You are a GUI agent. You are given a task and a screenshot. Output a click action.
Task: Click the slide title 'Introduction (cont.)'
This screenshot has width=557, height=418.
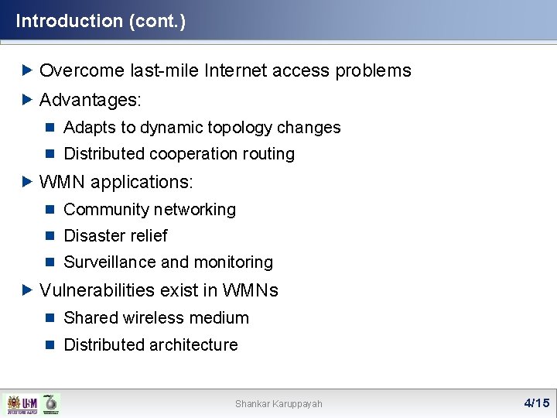point(101,21)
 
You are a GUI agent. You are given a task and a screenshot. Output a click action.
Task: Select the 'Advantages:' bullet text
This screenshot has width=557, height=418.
point(91,101)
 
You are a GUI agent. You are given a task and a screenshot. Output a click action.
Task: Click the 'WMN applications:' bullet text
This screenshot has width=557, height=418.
point(116,182)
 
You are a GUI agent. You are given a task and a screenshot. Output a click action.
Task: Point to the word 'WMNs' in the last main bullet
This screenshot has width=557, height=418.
point(250,290)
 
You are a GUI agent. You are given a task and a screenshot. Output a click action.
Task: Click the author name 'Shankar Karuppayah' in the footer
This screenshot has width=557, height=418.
point(278,403)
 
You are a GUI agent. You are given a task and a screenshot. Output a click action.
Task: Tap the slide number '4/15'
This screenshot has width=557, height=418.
point(536,403)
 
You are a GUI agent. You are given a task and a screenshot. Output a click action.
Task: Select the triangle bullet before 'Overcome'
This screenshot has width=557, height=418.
point(28,71)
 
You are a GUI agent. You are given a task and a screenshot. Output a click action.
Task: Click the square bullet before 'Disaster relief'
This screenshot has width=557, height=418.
point(50,236)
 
